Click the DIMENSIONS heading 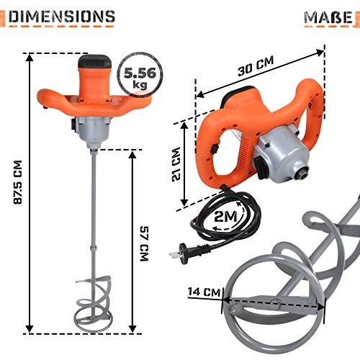point(62,17)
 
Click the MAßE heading point(328,17)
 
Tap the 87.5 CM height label point(18,182)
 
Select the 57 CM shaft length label point(145,243)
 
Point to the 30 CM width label point(256,66)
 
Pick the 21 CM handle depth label point(176,164)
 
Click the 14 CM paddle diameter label point(204,292)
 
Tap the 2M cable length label point(225,217)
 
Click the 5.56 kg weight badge point(140,75)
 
